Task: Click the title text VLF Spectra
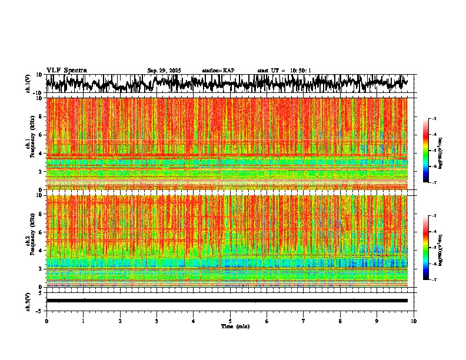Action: click(66, 71)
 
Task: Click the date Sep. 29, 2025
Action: click(164, 71)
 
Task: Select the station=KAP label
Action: click(218, 71)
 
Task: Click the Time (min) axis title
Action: click(235, 326)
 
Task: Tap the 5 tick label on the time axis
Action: click(230, 321)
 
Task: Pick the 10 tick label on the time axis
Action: click(414, 321)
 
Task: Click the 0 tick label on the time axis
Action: click(46, 321)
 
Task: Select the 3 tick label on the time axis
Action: click(157, 321)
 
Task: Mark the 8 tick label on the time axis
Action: click(340, 321)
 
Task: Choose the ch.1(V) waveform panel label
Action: click(28, 84)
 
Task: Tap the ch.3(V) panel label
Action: click(28, 301)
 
